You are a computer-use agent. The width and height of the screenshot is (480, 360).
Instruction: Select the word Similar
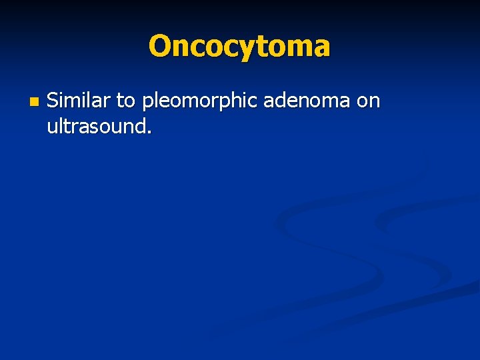pos(79,101)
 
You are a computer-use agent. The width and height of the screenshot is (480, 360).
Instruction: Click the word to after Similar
pos(125,101)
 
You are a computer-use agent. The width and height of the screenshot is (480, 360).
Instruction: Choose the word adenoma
pos(307,101)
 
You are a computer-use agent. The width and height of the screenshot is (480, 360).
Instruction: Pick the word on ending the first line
pos(368,102)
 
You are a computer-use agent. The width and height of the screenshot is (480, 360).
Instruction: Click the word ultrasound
pos(97,125)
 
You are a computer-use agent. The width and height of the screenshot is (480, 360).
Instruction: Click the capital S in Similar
pos(53,101)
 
